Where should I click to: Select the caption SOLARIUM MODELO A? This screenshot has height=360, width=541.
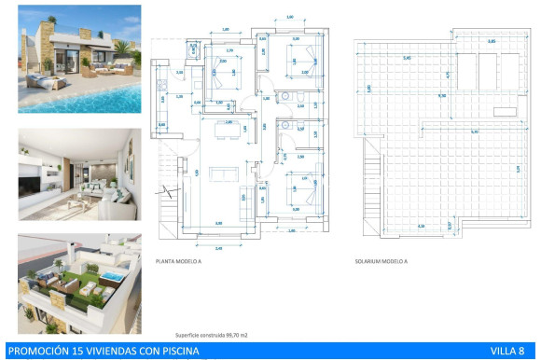pos(381,262)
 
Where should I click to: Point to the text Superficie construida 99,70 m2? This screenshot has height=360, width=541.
pos(211,333)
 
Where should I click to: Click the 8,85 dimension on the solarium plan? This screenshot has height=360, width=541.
pos(492,42)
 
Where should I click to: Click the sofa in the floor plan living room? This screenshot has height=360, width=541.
pos(222,173)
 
